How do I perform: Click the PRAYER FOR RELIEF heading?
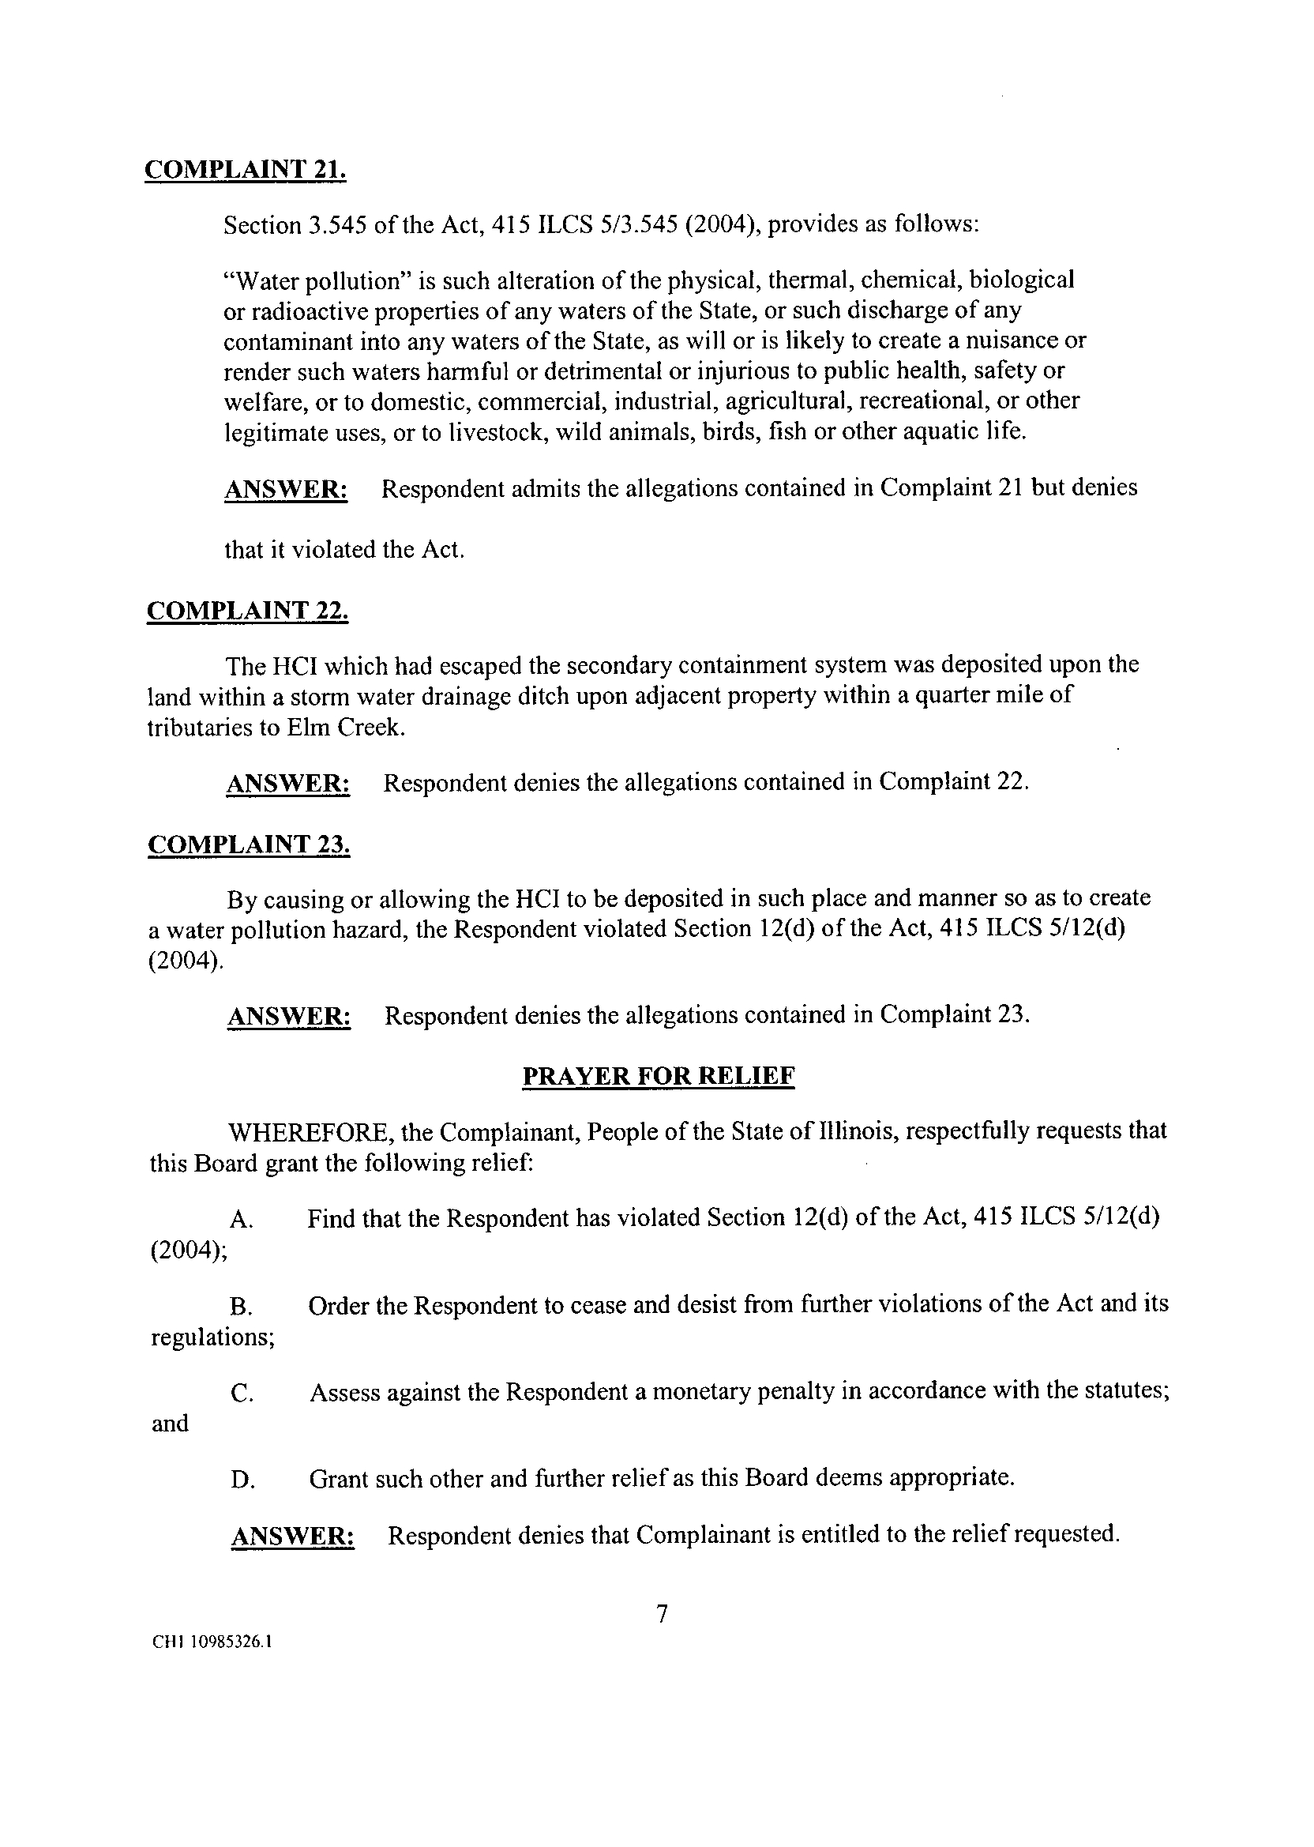[x=659, y=1076]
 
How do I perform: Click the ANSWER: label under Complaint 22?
[x=288, y=784]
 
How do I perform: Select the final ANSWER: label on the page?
[x=293, y=1536]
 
